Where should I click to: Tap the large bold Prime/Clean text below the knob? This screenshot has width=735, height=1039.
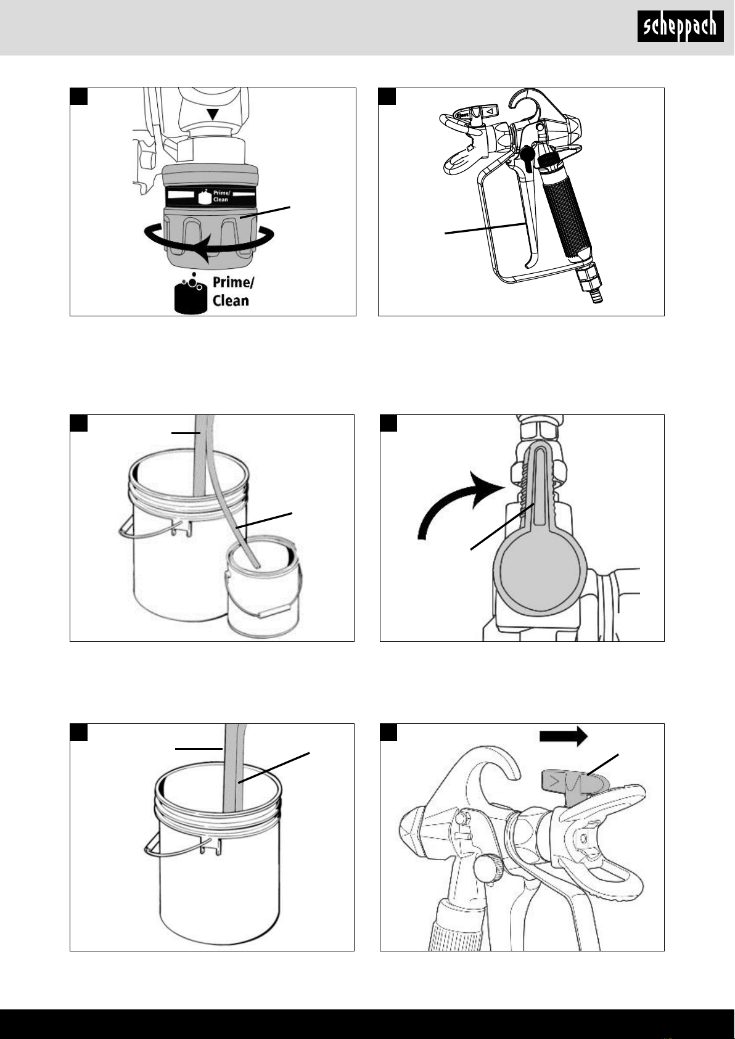[x=231, y=292]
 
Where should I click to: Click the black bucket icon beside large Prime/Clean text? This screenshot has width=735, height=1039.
[x=190, y=296]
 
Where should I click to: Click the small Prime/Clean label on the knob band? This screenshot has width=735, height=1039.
[x=220, y=196]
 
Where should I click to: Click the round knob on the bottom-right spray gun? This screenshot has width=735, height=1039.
[x=485, y=871]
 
